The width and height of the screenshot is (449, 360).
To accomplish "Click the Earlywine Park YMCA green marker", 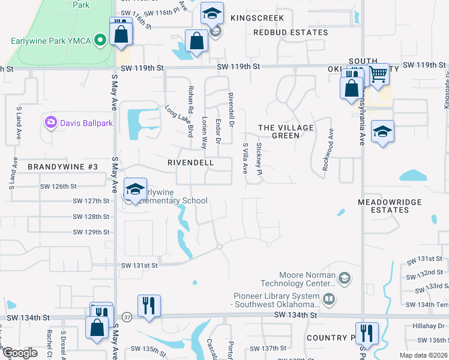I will [x=101, y=41].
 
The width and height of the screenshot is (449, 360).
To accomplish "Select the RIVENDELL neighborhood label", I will [x=190, y=163].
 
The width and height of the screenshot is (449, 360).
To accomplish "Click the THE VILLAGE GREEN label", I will [x=286, y=131].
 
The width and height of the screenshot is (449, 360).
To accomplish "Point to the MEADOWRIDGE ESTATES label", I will [x=390, y=206].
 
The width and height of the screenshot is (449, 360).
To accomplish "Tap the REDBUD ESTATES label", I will [x=291, y=32].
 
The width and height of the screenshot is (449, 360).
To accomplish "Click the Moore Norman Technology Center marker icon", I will [x=345, y=278].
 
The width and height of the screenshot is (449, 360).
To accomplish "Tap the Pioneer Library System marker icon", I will [x=328, y=298].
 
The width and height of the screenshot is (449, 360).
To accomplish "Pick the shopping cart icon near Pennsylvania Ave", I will [x=378, y=75].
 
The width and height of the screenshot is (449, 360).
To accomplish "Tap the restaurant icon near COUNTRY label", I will [x=366, y=333].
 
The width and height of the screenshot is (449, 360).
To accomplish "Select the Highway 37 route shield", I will [x=127, y=316].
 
